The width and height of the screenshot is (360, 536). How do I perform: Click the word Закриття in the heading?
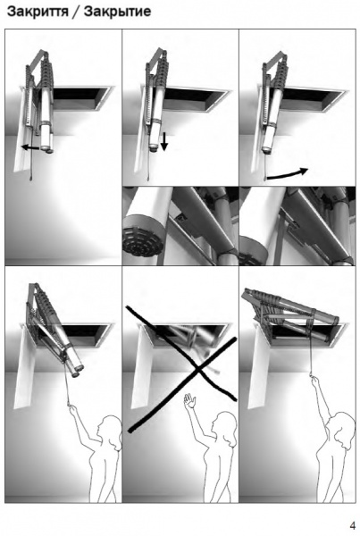[38, 12]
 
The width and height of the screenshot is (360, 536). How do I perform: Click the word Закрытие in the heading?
[117, 12]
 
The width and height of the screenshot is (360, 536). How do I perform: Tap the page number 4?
[353, 525]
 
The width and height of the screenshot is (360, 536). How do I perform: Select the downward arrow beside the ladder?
[164, 141]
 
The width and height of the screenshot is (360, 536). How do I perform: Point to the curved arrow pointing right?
[288, 173]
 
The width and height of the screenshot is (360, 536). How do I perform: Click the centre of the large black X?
[197, 370]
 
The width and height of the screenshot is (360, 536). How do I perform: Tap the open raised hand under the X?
[189, 400]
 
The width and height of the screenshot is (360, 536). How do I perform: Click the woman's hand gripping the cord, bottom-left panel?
[72, 409]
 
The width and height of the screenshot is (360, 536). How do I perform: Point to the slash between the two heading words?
[76, 13]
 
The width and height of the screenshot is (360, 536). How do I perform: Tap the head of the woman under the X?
[224, 428]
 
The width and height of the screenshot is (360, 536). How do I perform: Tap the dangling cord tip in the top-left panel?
[31, 178]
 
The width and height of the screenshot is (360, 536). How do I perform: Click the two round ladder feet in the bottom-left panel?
[77, 371]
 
